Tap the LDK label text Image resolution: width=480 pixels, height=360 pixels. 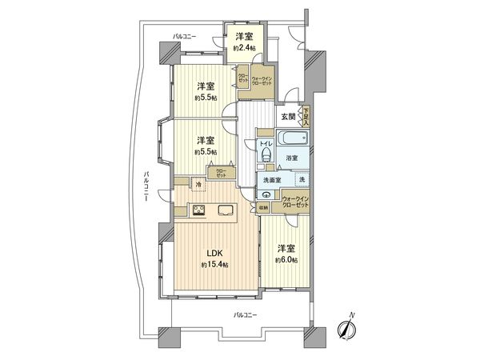(214, 254)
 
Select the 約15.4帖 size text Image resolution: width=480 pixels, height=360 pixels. (214, 265)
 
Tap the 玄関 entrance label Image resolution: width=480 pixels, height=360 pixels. (287, 117)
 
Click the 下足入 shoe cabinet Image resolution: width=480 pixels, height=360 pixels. (305, 116)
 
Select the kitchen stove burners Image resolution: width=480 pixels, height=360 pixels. (198, 211)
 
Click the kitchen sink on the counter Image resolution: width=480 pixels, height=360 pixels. (225, 211)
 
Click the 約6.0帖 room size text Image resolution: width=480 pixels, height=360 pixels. (289, 261)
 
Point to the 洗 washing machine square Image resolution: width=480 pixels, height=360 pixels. (302, 181)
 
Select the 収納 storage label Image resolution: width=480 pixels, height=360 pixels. (263, 207)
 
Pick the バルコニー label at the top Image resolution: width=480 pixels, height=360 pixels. (186, 37)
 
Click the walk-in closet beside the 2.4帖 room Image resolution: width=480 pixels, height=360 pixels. (264, 82)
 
